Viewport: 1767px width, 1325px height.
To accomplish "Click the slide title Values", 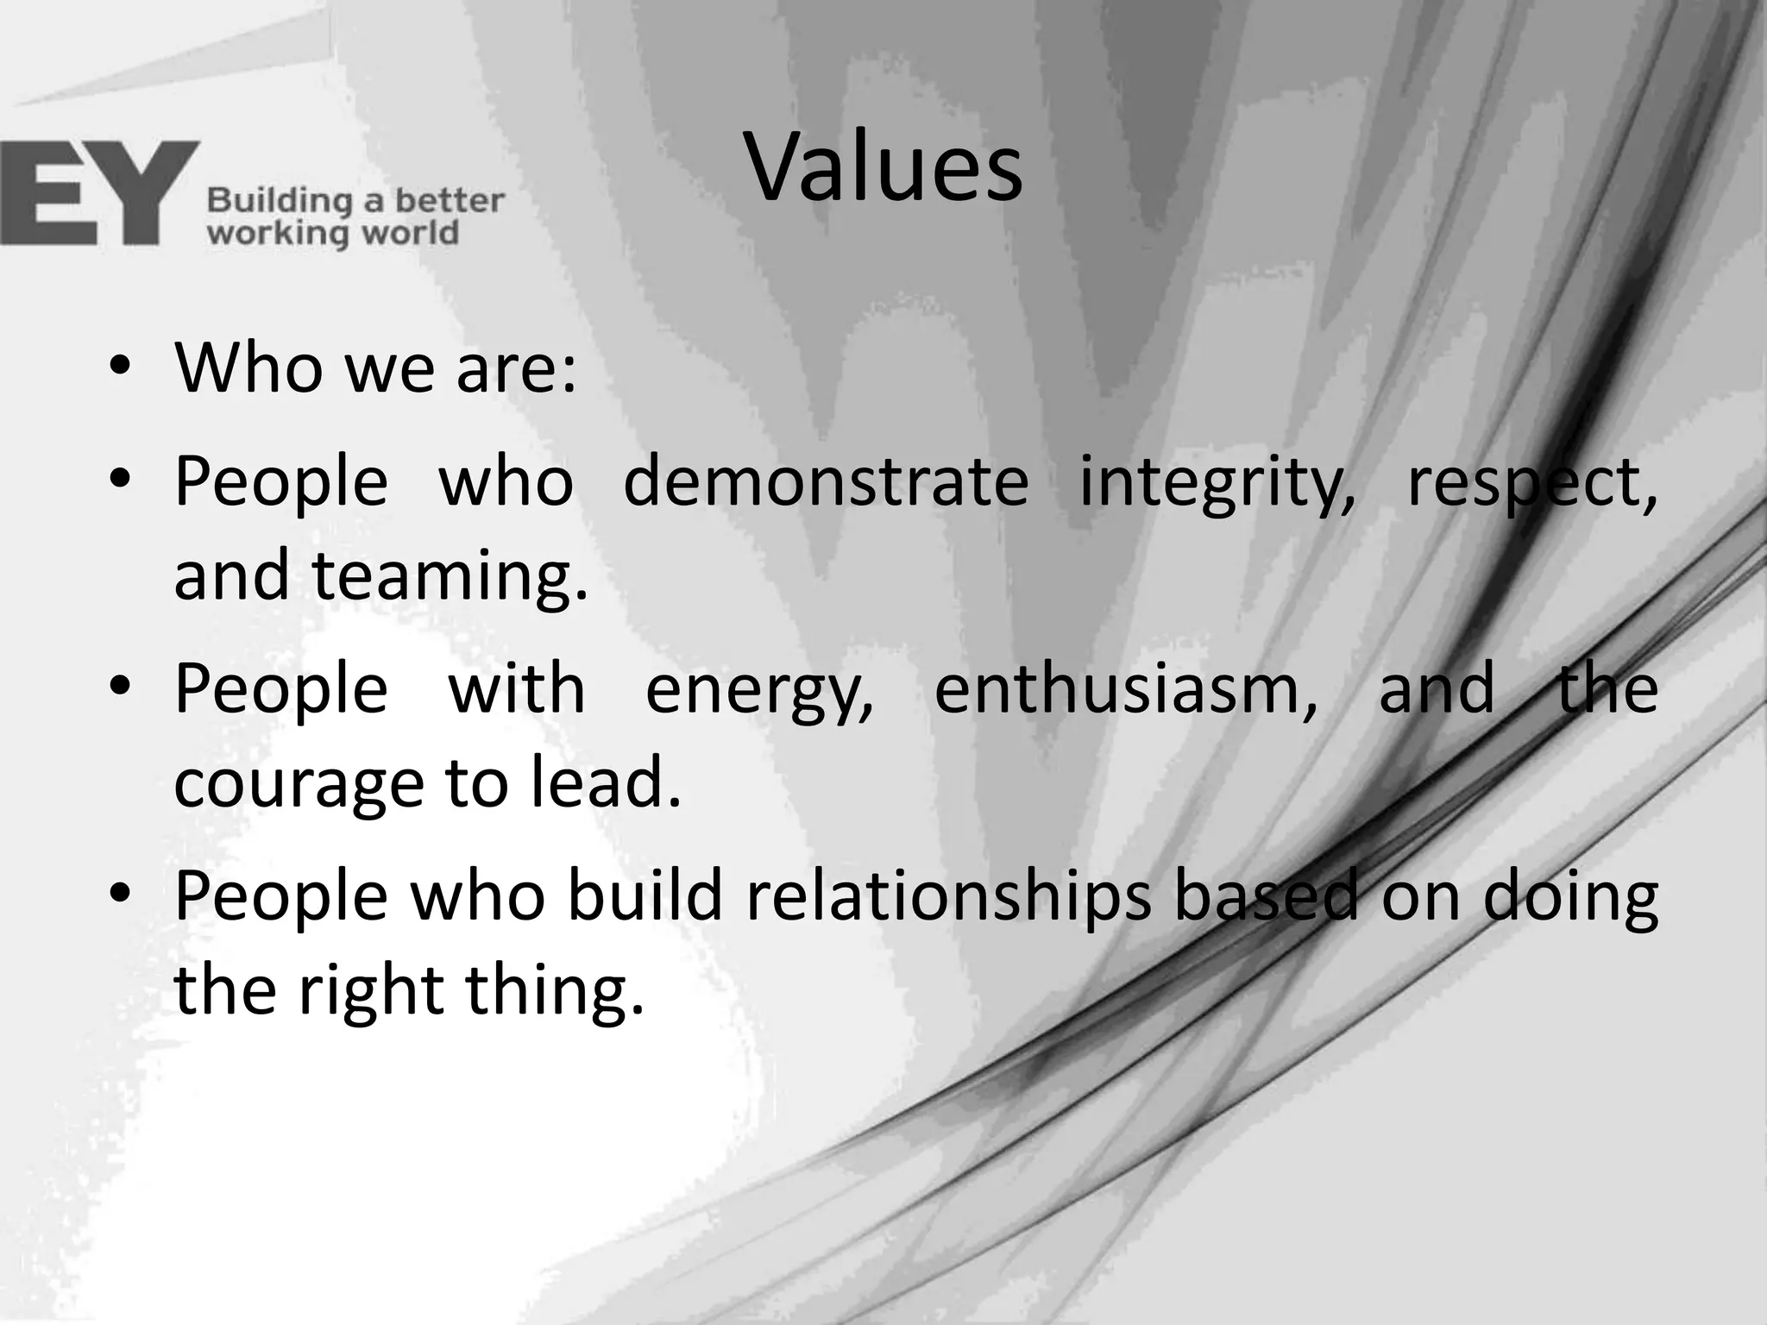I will coord(883,168).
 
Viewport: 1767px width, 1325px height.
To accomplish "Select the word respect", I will coord(1531,483).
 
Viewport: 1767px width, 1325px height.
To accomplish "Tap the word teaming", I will coord(450,576).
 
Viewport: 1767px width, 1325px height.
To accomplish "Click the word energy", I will coord(759,690).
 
